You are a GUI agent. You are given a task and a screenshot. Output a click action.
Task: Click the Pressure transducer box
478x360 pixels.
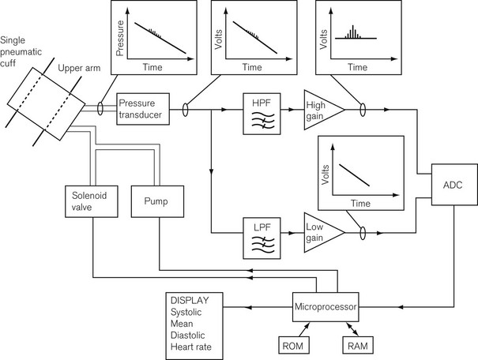(142, 107)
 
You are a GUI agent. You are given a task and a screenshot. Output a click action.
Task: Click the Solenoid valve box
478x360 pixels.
(92, 201)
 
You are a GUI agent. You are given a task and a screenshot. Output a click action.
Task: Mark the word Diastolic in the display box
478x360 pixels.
(190, 336)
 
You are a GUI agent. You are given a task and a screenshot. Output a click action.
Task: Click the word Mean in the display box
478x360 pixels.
(183, 324)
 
